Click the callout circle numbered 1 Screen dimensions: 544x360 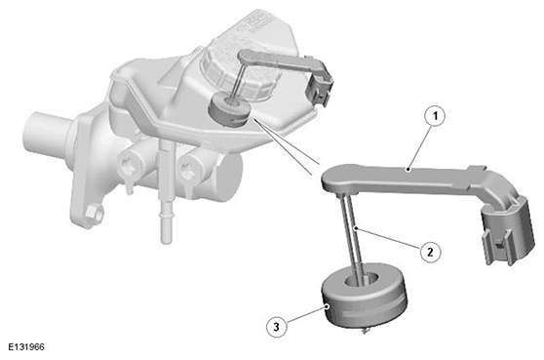coord(436,117)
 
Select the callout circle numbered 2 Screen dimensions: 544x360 coord(430,252)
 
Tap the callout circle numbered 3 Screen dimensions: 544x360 coord(277,327)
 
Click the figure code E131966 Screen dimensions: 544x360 coord(26,346)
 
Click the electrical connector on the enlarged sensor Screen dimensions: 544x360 coord(506,229)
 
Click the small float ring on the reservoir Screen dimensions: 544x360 coord(228,110)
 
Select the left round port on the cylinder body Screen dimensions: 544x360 coord(131,163)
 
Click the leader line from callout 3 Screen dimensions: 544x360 coord(307,315)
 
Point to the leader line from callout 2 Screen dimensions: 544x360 coord(388,238)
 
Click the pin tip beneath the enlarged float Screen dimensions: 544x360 coord(365,332)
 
